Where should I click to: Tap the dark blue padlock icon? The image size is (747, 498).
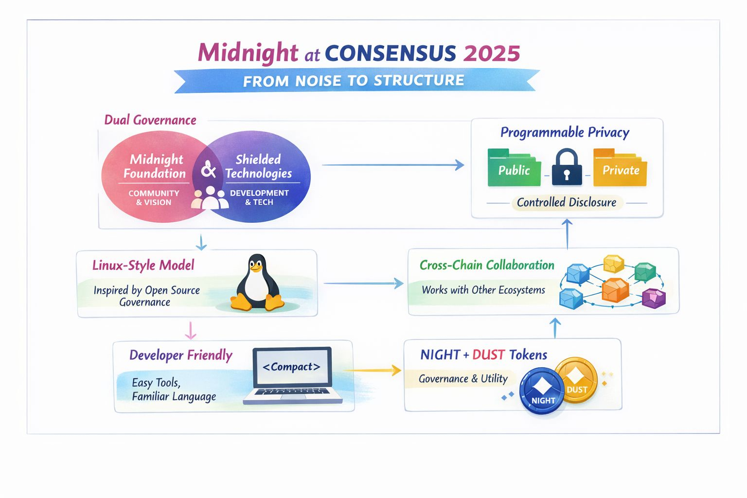[567, 167]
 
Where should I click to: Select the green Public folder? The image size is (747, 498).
[514, 169]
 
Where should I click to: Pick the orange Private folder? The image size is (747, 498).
[620, 169]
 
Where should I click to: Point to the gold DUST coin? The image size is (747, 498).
[577, 381]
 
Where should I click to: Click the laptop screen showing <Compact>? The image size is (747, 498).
[291, 367]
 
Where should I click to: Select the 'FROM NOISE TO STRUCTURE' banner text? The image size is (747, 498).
[354, 81]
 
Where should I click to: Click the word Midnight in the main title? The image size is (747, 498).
[248, 53]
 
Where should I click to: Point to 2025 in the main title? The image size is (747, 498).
[492, 53]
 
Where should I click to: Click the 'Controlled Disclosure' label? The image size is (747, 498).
[566, 202]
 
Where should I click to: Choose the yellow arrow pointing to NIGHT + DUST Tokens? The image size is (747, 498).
[373, 371]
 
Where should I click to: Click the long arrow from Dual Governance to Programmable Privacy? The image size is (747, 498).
[393, 165]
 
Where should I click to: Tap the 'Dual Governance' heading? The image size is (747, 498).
[150, 120]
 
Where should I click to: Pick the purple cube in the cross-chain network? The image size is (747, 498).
[654, 298]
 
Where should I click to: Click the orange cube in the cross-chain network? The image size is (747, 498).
[615, 290]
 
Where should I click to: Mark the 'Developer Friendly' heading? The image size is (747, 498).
[181, 355]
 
